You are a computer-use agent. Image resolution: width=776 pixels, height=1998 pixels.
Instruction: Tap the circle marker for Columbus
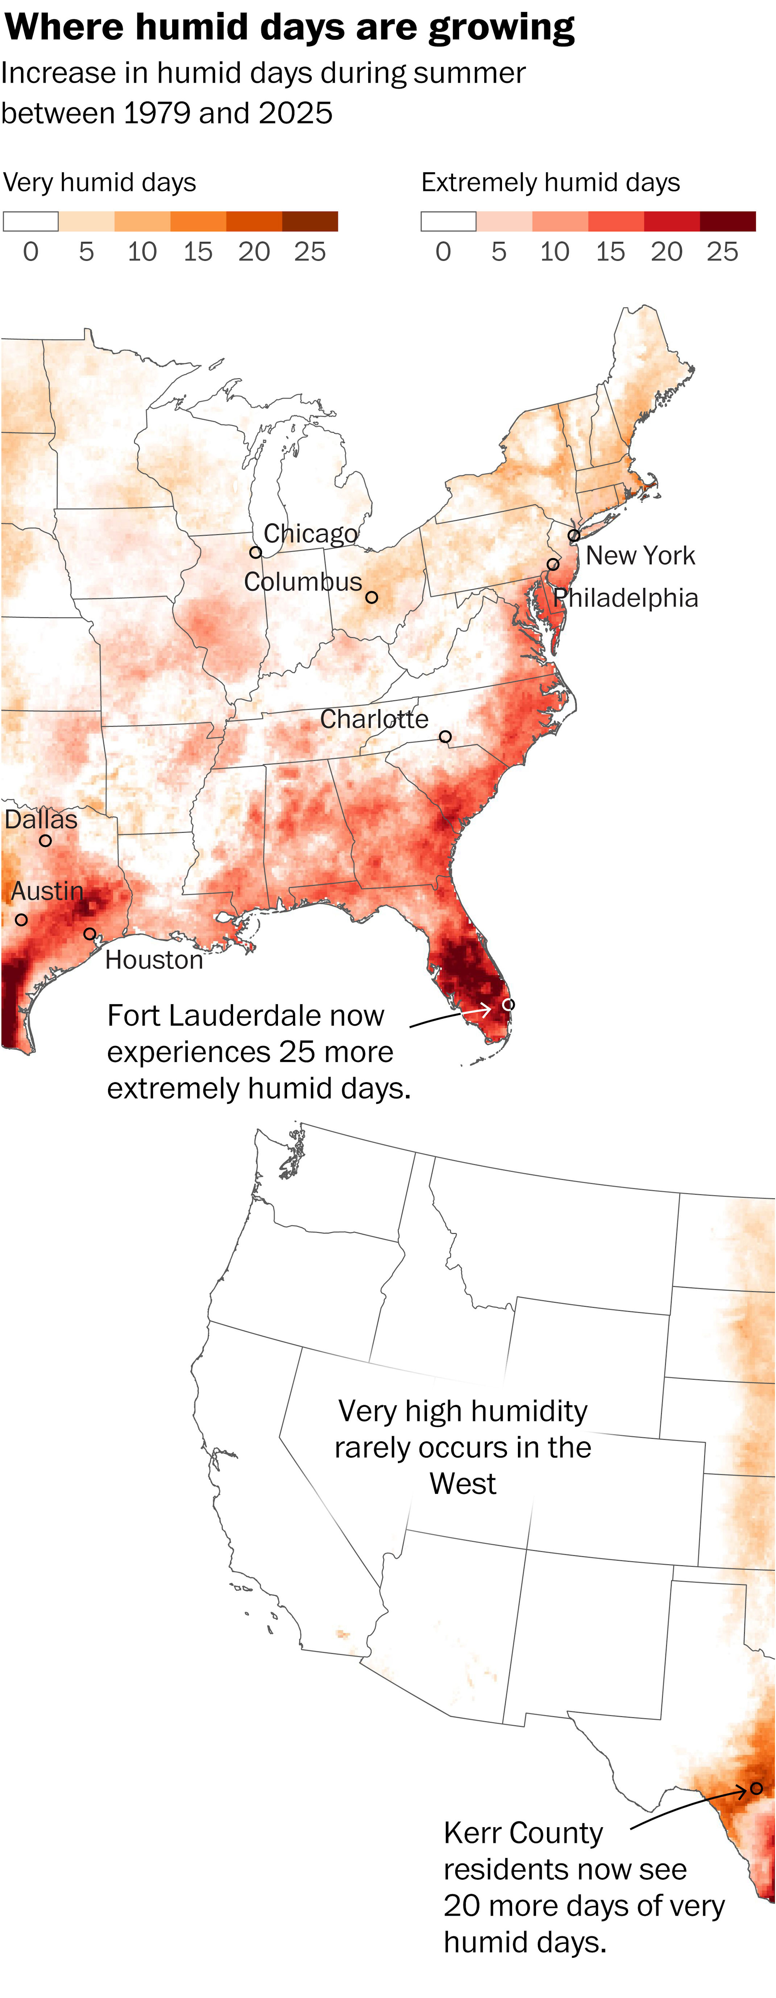372,597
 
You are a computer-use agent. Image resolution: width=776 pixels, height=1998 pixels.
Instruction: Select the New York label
640,555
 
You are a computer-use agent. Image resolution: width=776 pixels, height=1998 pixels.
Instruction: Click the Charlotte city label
374,719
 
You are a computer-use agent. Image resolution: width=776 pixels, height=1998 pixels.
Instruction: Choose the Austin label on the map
46,891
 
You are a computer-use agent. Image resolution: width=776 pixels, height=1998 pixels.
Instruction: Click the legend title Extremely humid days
551,182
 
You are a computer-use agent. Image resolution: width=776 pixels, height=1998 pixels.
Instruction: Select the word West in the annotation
463,1484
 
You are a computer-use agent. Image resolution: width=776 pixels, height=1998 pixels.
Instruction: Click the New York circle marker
574,535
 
